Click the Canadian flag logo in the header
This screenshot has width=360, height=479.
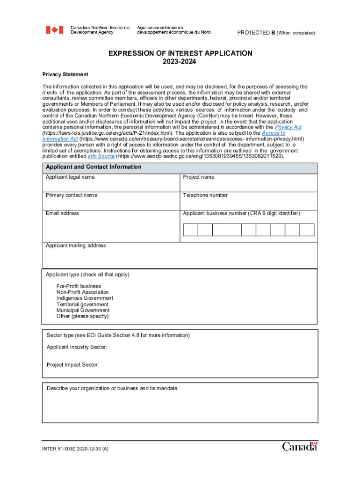pyautogui.click(x=54, y=30)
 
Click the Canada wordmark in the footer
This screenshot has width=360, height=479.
pyautogui.click(x=300, y=447)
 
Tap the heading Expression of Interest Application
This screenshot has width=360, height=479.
pyautogui.click(x=180, y=54)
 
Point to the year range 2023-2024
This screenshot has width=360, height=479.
pyautogui.click(x=180, y=62)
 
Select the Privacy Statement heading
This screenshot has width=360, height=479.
pyautogui.click(x=65, y=75)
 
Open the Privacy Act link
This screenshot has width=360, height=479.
pyautogui.click(x=288, y=127)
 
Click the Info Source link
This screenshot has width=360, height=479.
pyautogui.click(x=101, y=156)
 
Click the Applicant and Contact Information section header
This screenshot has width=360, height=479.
pyautogui.click(x=94, y=167)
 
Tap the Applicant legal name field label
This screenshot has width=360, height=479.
pyautogui.click(x=70, y=177)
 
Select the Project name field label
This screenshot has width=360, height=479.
pyautogui.click(x=199, y=177)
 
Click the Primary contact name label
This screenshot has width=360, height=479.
pyautogui.click(x=72, y=195)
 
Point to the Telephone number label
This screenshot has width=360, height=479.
pyautogui.click(x=205, y=195)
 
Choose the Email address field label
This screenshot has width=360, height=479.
pyautogui.click(x=63, y=213)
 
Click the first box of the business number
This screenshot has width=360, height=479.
pyautogui.click(x=191, y=230)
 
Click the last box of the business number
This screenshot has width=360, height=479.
pyautogui.click(x=307, y=230)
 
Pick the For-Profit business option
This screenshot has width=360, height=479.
pyautogui.click(x=79, y=286)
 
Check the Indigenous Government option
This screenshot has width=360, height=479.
pyautogui.click(x=85, y=298)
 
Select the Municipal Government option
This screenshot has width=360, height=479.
pyautogui.click(x=83, y=310)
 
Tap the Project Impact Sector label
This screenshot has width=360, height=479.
pyautogui.click(x=72, y=365)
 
